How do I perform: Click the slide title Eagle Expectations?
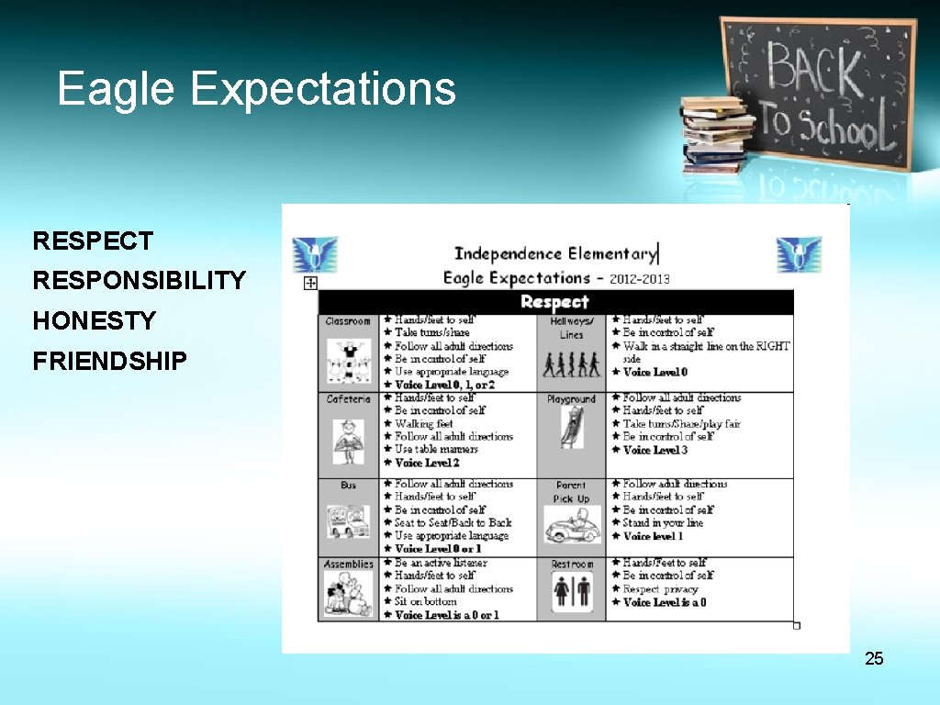(256, 89)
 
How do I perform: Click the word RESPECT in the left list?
(93, 241)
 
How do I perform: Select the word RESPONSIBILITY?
(140, 281)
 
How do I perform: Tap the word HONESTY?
(95, 320)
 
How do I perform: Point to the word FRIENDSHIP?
(109, 361)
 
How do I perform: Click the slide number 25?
(874, 658)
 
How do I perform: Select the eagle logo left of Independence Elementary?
(315, 254)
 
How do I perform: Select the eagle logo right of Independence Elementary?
(799, 254)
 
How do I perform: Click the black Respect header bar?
(554, 302)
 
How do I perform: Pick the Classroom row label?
(348, 321)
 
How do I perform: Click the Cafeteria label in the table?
(348, 399)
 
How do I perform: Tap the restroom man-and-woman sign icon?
(571, 593)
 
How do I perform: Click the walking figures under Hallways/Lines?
(571, 364)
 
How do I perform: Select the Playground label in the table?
(571, 399)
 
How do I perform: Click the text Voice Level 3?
(655, 450)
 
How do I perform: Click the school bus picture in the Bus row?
(348, 521)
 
